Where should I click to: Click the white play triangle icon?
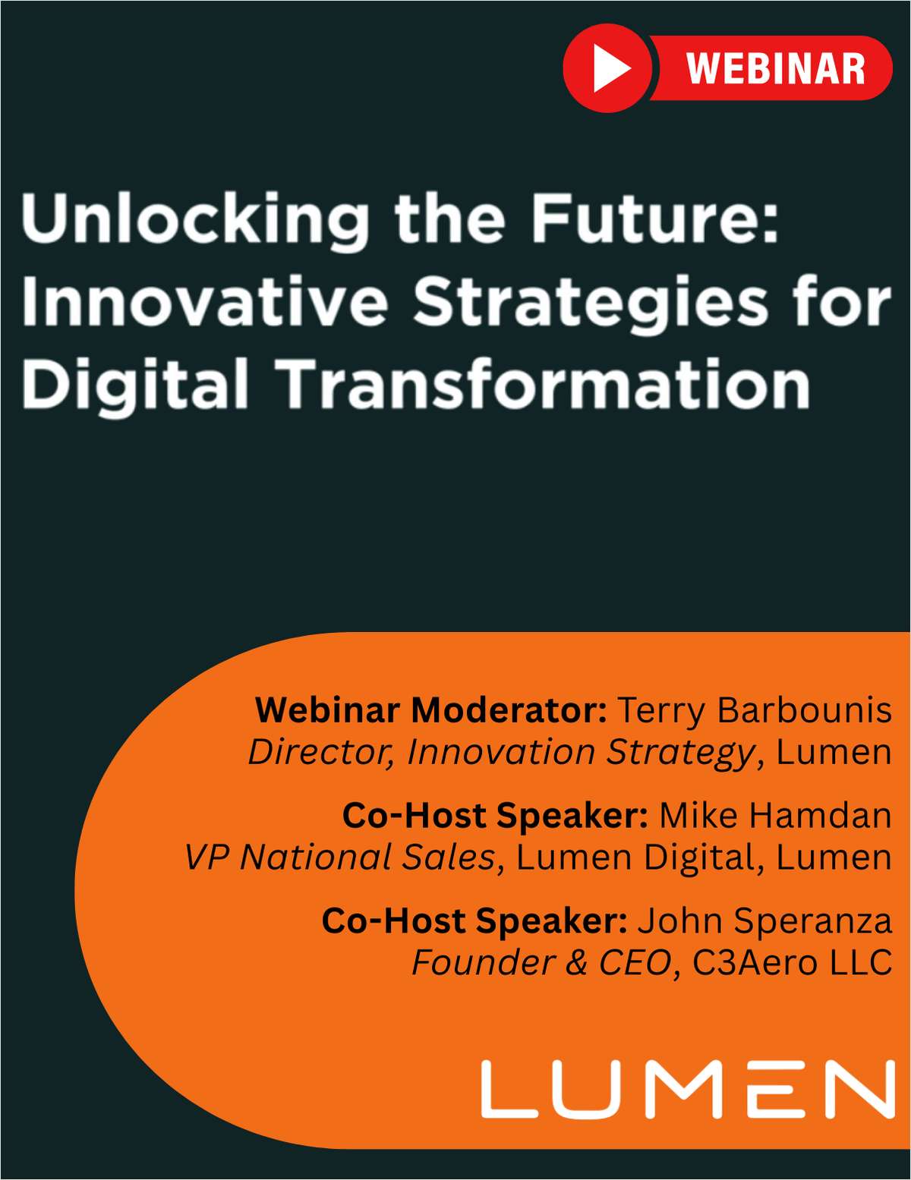610,69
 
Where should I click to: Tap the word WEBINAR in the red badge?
775,69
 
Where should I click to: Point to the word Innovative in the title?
205,302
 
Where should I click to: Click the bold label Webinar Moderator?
430,710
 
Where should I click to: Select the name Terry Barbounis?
754,710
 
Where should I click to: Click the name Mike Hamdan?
774,815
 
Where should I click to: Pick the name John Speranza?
764,920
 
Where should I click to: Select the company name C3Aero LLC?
792,962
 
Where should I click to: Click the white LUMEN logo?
688,1090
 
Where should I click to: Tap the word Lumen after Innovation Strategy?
834,752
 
